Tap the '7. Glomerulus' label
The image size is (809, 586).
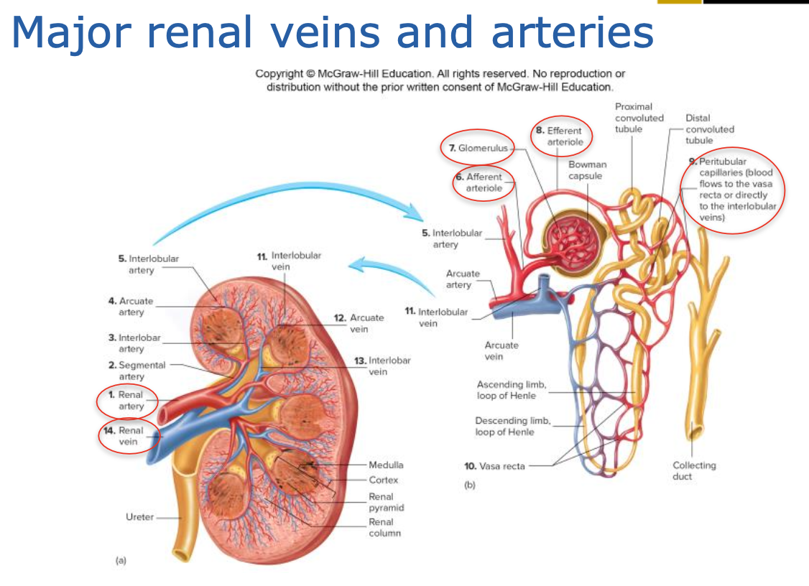(478, 148)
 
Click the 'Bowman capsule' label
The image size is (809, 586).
(587, 170)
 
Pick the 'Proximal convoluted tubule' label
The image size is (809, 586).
(639, 118)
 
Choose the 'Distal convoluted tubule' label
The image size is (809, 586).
(709, 129)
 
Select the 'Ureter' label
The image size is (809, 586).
(139, 517)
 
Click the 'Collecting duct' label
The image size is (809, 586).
(693, 470)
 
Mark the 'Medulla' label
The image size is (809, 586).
(386, 465)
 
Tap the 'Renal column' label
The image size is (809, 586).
(384, 527)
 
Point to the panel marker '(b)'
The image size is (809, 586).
(470, 485)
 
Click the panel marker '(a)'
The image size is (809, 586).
(121, 559)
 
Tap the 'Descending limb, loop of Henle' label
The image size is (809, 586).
(512, 426)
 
